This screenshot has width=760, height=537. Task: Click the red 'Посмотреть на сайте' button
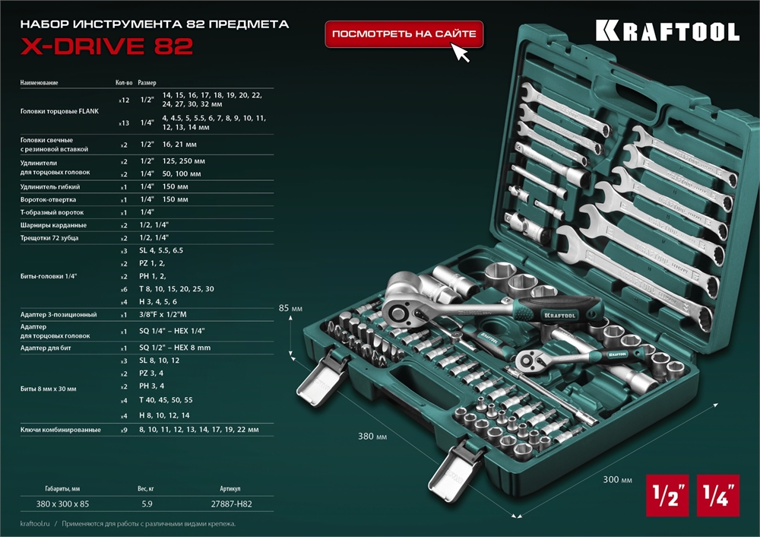(x=404, y=34)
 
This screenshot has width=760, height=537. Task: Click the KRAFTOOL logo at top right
(x=667, y=31)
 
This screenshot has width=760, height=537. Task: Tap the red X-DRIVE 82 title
(x=106, y=46)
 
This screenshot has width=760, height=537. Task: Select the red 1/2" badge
(x=667, y=494)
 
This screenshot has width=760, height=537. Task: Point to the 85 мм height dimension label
(x=290, y=308)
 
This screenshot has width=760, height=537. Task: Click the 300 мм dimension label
(x=616, y=480)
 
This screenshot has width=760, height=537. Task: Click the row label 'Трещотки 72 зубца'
(x=51, y=238)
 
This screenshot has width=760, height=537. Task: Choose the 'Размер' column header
(x=147, y=82)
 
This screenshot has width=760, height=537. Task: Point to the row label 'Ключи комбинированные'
(x=60, y=430)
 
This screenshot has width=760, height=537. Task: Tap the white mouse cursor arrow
(x=461, y=52)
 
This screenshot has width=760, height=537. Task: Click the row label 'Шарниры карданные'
(x=52, y=225)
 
